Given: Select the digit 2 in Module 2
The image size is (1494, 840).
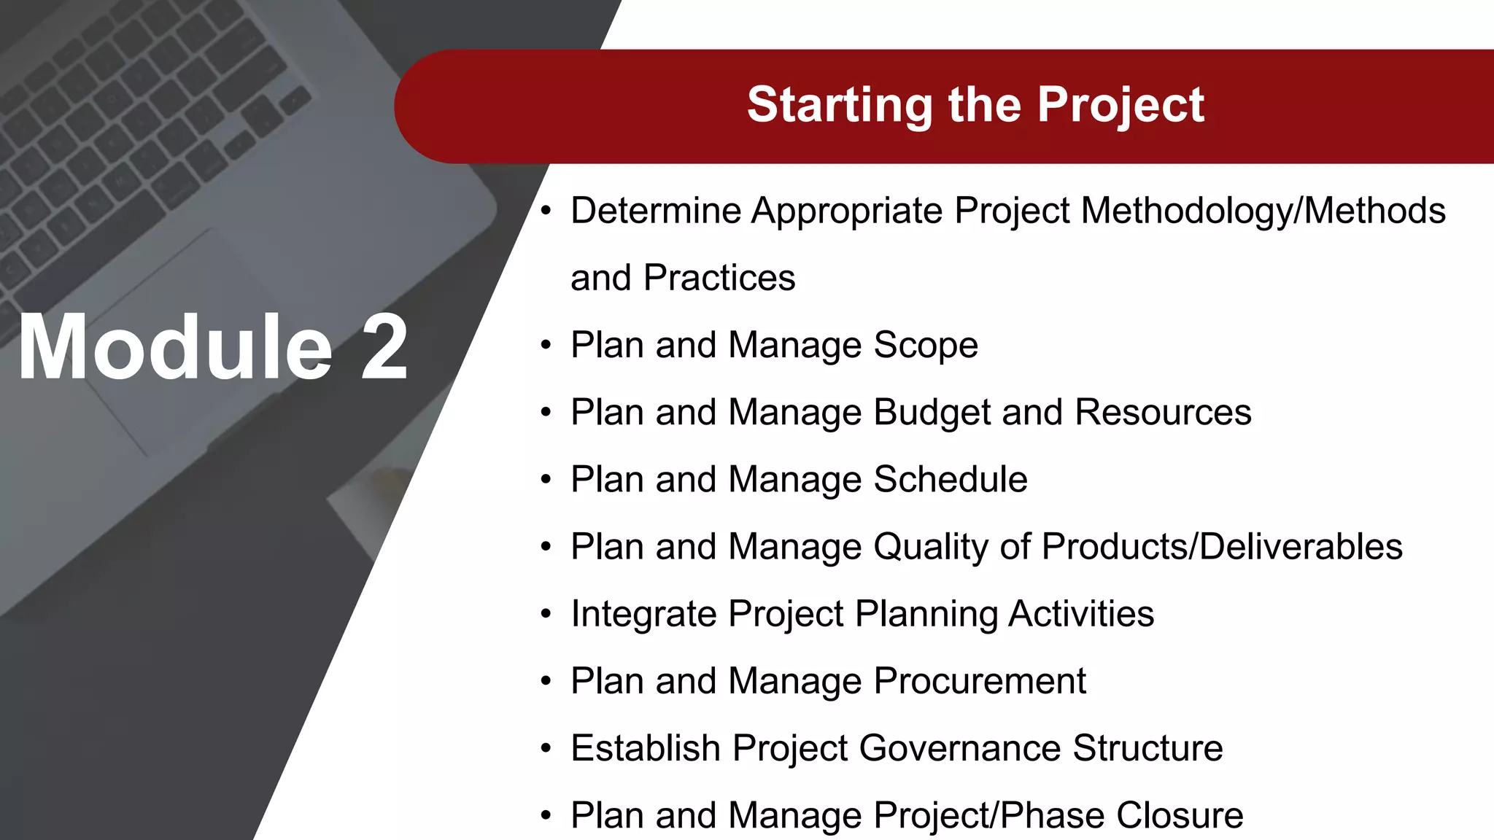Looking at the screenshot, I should pyautogui.click(x=384, y=347).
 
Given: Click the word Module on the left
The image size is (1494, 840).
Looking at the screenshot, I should pyautogui.click(x=175, y=347).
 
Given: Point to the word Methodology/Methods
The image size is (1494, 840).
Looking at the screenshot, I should pyautogui.click(x=1263, y=211).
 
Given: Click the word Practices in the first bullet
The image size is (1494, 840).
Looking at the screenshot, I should pyautogui.click(x=719, y=278).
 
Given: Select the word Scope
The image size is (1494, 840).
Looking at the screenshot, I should pyautogui.click(x=925, y=345).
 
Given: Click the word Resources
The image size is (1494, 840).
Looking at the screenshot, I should pyautogui.click(x=1163, y=412).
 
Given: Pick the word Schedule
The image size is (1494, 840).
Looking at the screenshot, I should pyautogui.click(x=950, y=480).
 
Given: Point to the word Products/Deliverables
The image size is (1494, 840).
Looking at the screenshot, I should pyautogui.click(x=1222, y=547).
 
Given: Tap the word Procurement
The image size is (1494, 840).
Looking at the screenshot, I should pyautogui.click(x=979, y=681).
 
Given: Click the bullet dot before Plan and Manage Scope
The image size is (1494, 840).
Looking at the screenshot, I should pyautogui.click(x=546, y=345).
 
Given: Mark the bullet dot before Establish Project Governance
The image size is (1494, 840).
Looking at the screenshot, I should pyautogui.click(x=546, y=748).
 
